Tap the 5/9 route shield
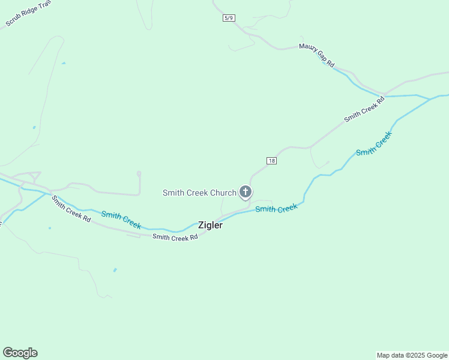point(229,18)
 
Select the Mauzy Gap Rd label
point(317,55)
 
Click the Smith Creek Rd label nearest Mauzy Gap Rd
point(364,110)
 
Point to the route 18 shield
point(271,161)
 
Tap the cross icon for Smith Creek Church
point(245,192)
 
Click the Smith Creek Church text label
point(199,193)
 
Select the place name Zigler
point(210,226)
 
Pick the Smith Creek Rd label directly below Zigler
point(175,238)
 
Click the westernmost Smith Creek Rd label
point(71,209)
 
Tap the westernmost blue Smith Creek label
point(121,220)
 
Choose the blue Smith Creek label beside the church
point(276,209)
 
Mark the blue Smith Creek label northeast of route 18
point(373,144)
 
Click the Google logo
point(20,353)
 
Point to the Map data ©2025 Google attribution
point(412,355)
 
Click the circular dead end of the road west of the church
point(139,173)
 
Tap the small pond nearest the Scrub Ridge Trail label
point(63,63)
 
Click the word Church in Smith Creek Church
point(224,193)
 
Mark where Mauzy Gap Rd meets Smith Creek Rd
point(383,95)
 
